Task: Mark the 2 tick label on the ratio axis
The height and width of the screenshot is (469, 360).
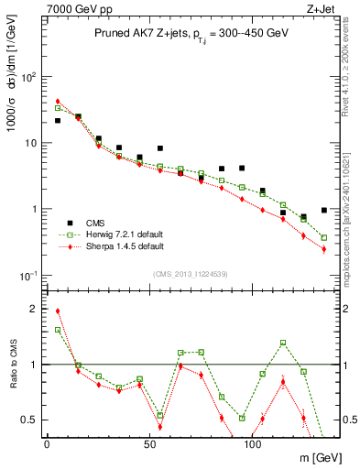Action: click(32, 309)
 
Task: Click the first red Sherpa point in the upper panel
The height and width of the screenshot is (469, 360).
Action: click(58, 102)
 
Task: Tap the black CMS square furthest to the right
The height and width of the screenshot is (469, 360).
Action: click(324, 210)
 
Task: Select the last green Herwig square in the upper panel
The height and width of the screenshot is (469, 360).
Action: click(324, 237)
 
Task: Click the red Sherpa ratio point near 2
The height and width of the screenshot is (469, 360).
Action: click(58, 311)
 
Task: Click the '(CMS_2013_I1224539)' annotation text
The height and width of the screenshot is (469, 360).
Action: click(190, 273)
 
